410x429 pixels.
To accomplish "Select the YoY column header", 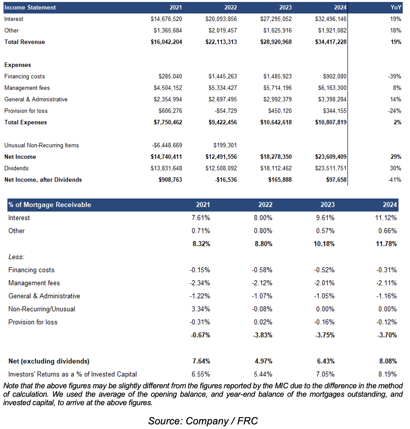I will click(395, 7).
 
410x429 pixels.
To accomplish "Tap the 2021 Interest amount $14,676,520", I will click(166, 19).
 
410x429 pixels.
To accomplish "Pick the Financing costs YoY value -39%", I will click(395, 76).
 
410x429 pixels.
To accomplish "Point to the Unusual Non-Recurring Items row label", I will click(41, 145).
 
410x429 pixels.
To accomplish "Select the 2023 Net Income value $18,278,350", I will click(276, 157).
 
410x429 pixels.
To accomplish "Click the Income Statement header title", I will click(30, 7).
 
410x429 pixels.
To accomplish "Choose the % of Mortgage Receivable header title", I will click(50, 205).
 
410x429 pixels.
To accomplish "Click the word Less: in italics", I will click(17, 257).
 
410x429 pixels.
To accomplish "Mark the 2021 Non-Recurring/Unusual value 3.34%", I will click(200, 309).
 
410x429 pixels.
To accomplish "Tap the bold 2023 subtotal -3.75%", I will click(324, 335).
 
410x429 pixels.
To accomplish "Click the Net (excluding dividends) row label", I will click(49, 361).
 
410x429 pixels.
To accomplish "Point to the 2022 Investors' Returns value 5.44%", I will click(263, 374).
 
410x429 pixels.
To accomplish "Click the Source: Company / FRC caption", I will click(203, 421).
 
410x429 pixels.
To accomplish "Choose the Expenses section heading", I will click(18, 65).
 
